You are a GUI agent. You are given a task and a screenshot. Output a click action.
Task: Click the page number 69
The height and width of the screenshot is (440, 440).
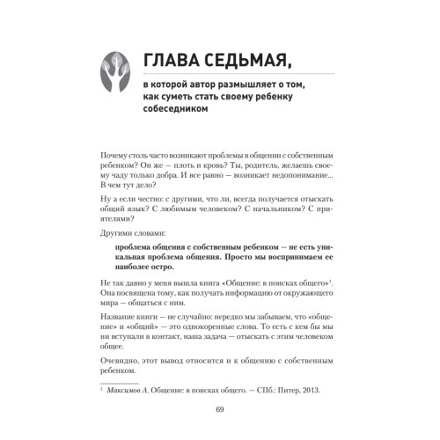coord(220,433)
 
